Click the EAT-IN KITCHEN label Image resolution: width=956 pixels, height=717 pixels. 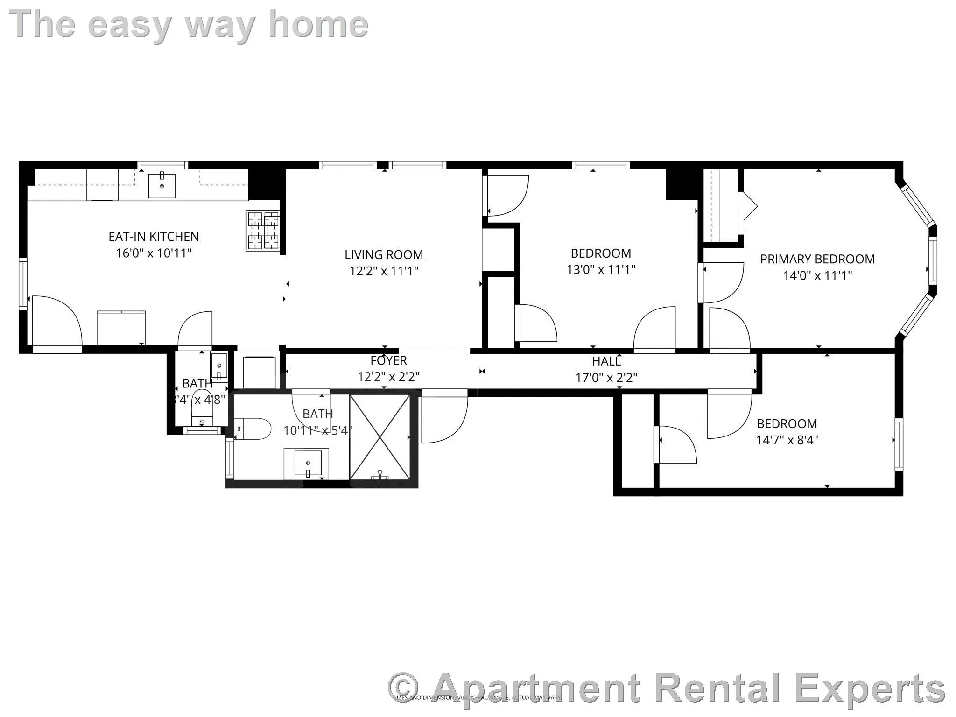(154, 237)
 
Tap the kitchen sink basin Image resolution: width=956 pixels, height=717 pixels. (162, 186)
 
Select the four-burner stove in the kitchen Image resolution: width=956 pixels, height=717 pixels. (263, 232)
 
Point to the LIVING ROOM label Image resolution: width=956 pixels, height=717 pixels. (384, 255)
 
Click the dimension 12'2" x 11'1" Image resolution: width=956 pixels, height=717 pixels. (384, 271)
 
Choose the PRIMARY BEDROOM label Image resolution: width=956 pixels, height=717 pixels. (817, 259)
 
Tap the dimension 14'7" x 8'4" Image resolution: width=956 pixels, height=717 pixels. (787, 440)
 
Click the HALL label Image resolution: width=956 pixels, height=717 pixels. (606, 361)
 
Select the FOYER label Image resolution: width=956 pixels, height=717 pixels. (388, 360)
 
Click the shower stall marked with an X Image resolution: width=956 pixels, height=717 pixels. (380, 437)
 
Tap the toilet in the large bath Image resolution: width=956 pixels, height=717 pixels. (253, 429)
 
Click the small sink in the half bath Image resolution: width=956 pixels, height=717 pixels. (219, 366)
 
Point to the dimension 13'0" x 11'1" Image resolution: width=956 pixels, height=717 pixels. (601, 269)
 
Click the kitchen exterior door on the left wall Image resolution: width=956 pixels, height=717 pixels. (56, 322)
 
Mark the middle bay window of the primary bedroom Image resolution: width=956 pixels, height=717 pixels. (933, 260)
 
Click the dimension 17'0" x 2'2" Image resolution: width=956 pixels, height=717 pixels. (606, 377)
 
